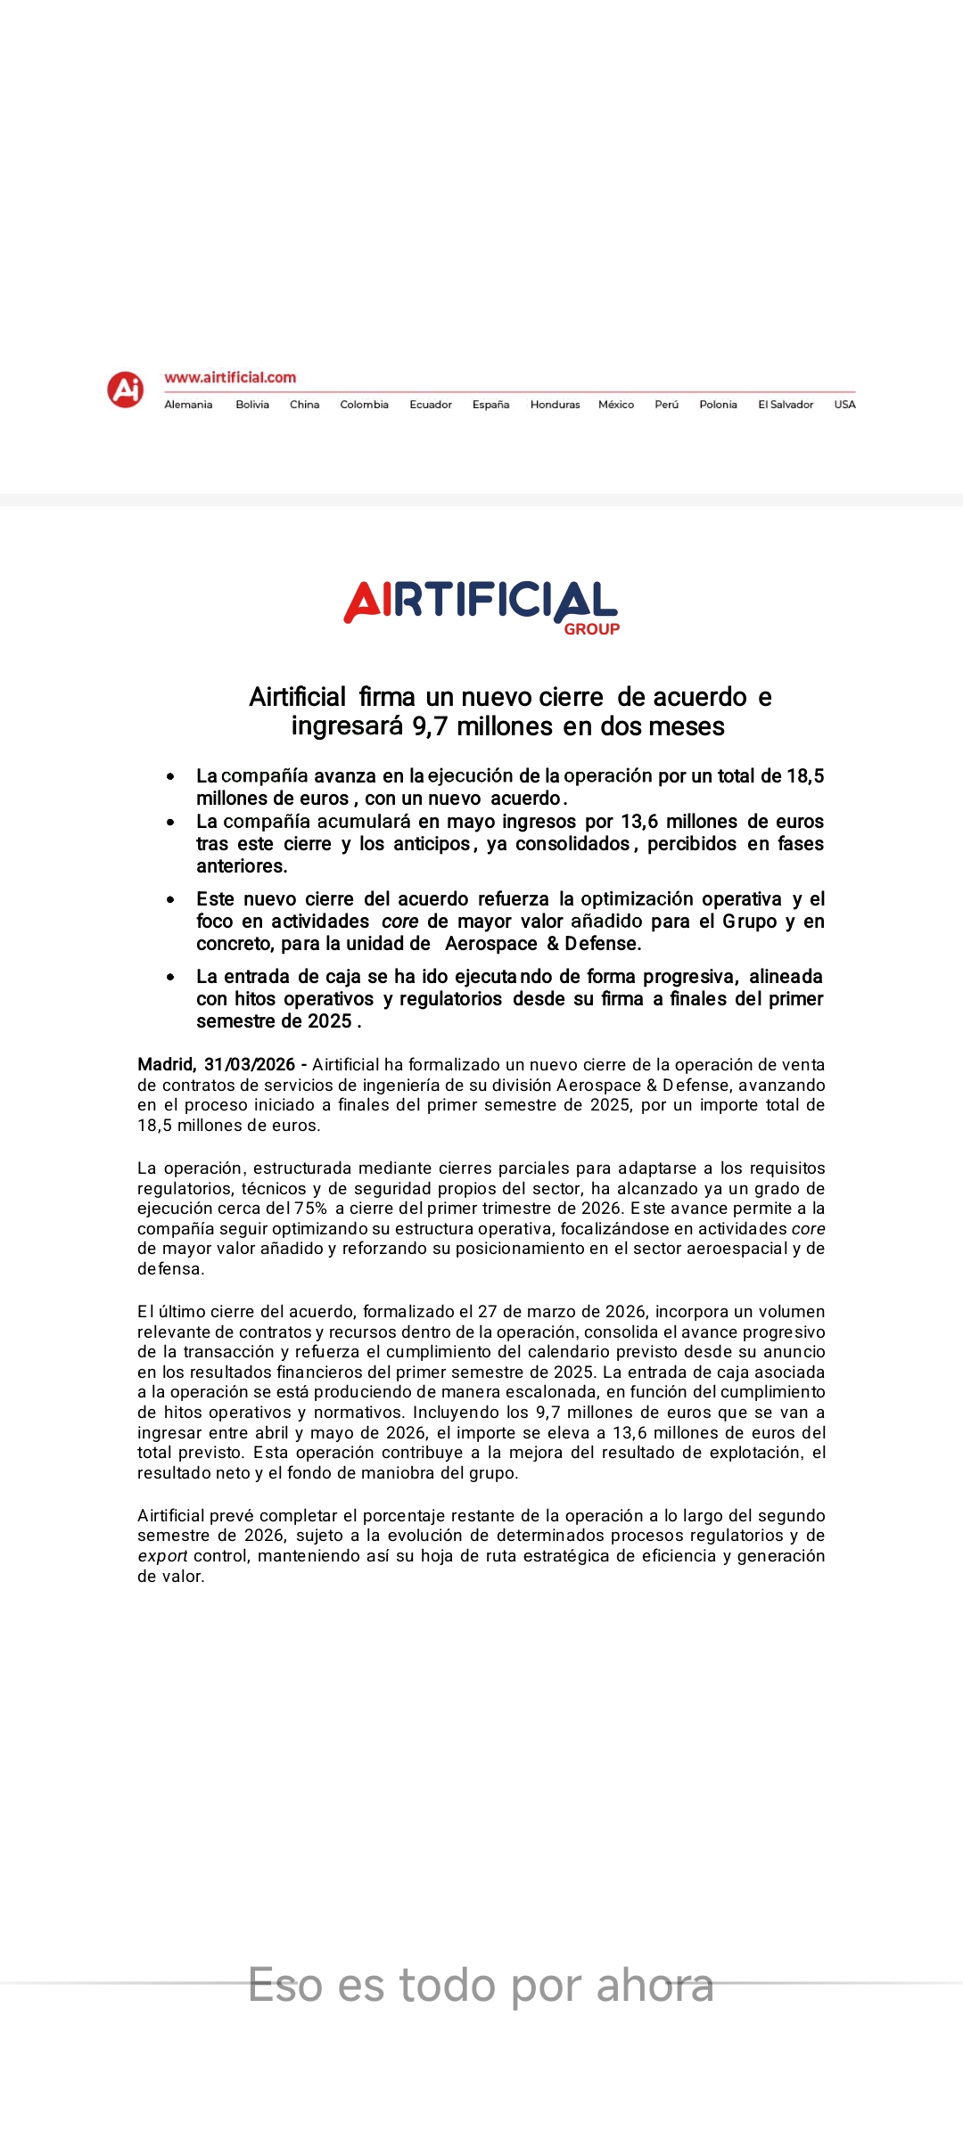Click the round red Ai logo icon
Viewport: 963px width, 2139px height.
click(x=126, y=389)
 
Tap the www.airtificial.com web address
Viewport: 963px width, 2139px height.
click(x=230, y=378)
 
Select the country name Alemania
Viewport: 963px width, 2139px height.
click(x=188, y=405)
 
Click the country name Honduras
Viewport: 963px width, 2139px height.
click(x=555, y=405)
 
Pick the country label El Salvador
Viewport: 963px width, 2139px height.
click(x=786, y=405)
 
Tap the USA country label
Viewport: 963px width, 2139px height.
click(x=844, y=405)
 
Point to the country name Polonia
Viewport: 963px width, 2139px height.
click(x=718, y=405)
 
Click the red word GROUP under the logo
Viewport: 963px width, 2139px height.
click(x=591, y=629)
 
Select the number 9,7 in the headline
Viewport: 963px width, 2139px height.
click(x=430, y=726)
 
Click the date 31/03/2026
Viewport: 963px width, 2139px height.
click(x=250, y=1064)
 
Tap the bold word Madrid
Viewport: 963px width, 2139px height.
click(x=166, y=1064)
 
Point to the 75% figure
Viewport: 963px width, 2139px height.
click(x=311, y=1209)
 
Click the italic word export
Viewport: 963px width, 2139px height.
click(x=162, y=1556)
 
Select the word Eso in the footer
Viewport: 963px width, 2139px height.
click(x=285, y=1986)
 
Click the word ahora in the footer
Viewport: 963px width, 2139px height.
click(x=654, y=1986)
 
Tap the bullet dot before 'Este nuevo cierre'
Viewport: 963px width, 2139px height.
click(x=170, y=899)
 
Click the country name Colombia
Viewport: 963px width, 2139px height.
click(x=364, y=405)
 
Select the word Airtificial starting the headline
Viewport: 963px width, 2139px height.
click(x=297, y=697)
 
